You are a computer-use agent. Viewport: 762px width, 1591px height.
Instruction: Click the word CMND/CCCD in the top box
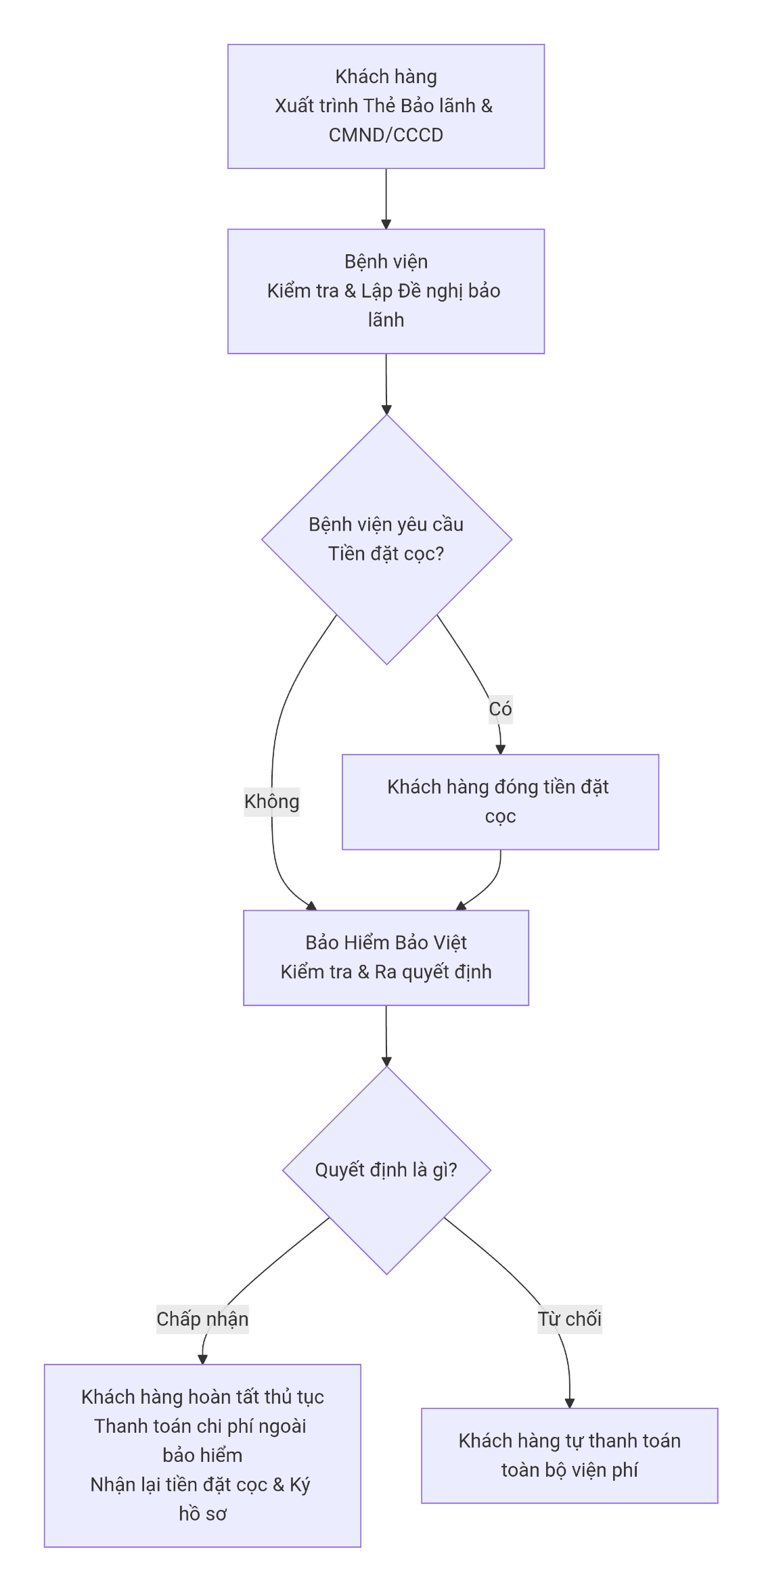(386, 135)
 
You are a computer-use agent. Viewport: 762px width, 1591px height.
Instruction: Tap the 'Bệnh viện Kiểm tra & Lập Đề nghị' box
(386, 291)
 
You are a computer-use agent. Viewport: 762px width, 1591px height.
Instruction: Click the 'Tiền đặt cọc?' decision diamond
(386, 539)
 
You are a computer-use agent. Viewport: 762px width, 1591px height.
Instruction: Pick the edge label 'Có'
(500, 709)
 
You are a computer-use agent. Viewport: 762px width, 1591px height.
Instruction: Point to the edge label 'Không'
(271, 802)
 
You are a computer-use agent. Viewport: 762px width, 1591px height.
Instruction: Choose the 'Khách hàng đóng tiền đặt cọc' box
(500, 802)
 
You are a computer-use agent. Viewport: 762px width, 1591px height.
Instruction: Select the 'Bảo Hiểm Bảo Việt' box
(386, 957)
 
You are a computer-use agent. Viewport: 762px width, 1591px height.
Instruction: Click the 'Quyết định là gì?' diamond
(386, 1170)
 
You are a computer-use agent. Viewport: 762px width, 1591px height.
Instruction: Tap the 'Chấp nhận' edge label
(202, 1319)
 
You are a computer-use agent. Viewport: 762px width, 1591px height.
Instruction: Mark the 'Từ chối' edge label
(570, 1319)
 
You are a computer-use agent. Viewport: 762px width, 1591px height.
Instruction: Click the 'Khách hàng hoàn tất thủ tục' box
(202, 1455)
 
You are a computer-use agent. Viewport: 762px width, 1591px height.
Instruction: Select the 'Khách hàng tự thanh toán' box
(570, 1455)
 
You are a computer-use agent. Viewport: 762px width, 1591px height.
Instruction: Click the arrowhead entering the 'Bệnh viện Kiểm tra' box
(386, 224)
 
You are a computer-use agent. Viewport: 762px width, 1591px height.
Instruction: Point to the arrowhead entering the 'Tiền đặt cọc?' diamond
(386, 409)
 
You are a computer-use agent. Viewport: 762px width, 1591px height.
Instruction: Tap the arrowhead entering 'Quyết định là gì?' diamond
(386, 1061)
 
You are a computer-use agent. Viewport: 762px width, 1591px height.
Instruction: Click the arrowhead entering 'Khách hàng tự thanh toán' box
(570, 1403)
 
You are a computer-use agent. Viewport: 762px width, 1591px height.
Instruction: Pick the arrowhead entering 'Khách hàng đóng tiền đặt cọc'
(501, 749)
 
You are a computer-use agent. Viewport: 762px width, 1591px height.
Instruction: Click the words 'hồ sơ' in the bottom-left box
(202, 1514)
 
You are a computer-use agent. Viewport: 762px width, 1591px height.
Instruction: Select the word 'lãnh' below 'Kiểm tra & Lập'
(386, 320)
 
